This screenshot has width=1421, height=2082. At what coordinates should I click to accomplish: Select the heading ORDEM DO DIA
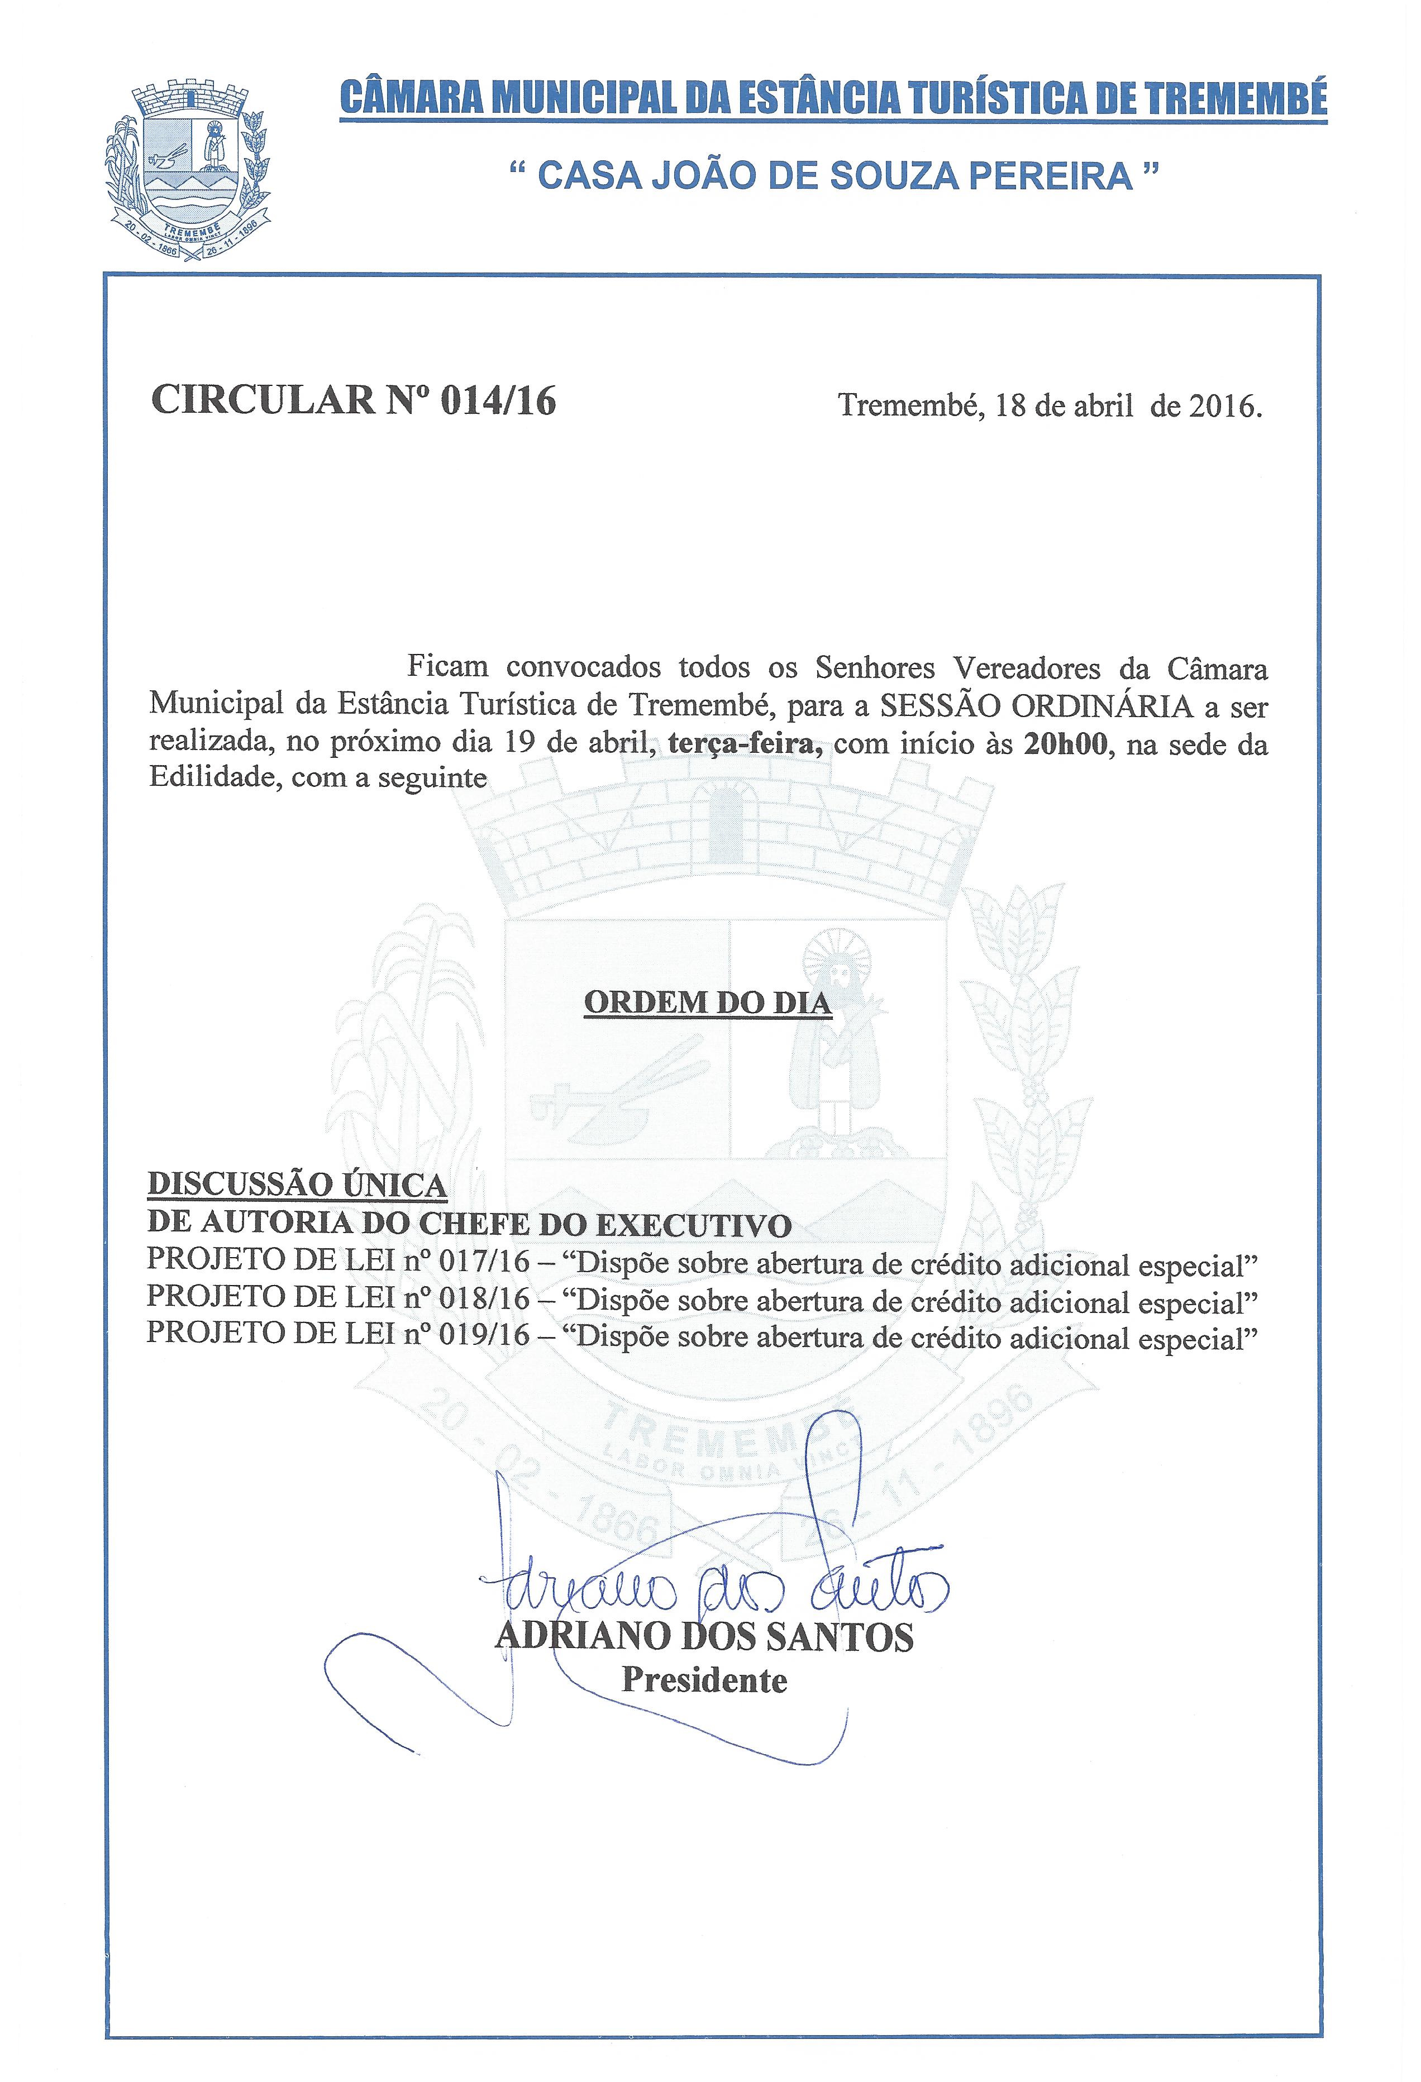tap(708, 1002)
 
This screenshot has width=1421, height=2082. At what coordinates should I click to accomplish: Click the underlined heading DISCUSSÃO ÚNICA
tap(297, 1185)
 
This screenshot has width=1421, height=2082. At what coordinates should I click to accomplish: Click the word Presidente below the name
tap(704, 1680)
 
